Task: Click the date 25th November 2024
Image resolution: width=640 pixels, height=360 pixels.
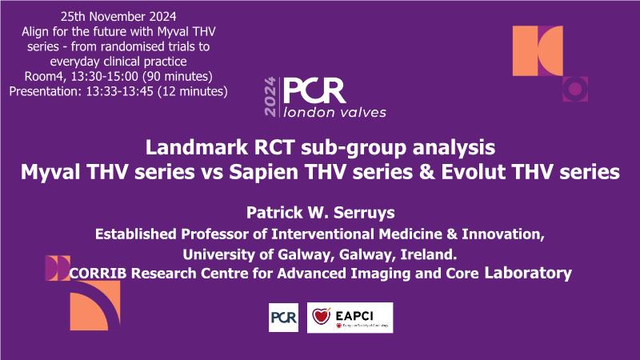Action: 118,17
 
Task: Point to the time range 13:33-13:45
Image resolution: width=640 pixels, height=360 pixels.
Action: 119,91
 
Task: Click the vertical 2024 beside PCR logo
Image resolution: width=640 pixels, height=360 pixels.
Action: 270,97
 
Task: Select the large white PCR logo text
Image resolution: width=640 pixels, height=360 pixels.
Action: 314,90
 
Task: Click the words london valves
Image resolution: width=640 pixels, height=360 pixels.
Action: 334,112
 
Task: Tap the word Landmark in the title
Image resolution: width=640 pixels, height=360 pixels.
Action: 196,147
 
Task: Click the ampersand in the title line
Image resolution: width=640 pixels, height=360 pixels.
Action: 426,172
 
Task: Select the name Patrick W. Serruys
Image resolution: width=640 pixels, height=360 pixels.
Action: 321,212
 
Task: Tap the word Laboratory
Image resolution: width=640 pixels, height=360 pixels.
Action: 528,273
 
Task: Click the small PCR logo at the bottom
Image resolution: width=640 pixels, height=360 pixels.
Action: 284,318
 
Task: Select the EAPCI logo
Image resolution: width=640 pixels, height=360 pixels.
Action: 350,318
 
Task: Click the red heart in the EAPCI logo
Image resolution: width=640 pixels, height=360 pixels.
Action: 322,316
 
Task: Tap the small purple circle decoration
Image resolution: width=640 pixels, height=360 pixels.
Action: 575,89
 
